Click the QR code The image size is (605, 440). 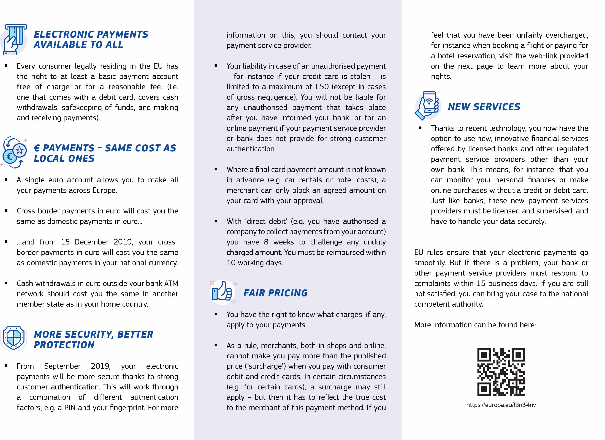pyautogui.click(x=501, y=372)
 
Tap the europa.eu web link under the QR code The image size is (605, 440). pyautogui.click(x=501, y=405)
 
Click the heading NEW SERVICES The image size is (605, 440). pyautogui.click(x=484, y=107)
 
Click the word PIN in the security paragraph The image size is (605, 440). pyautogui.click(x=70, y=408)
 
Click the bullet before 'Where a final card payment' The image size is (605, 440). pyautogui.click(x=216, y=169)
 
